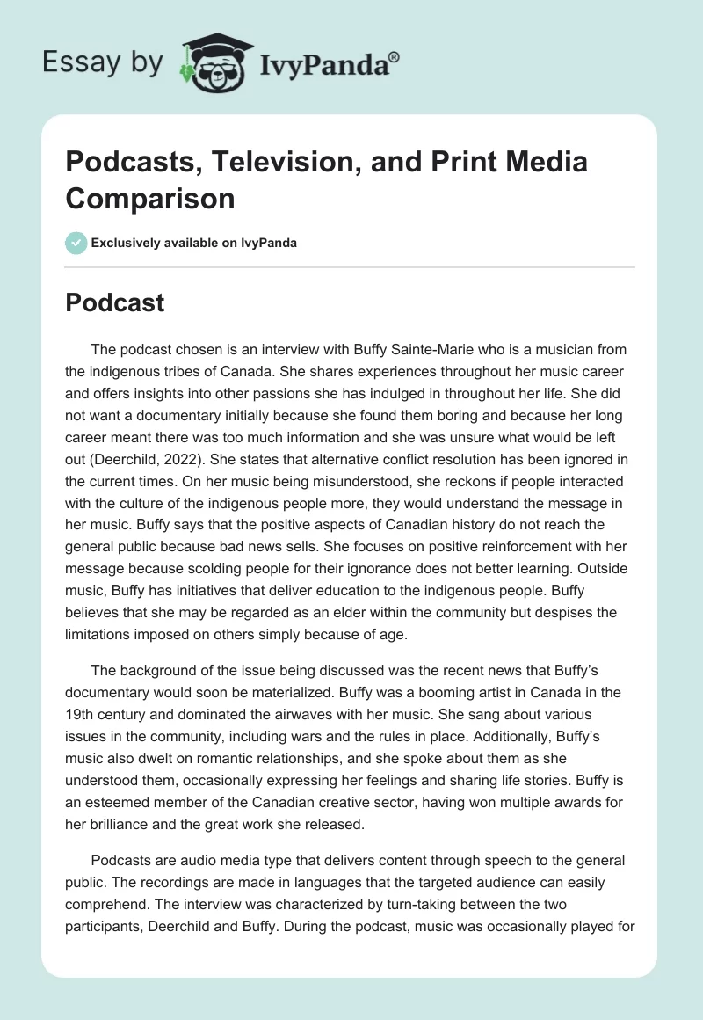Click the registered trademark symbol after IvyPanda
(395, 55)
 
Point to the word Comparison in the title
(150, 198)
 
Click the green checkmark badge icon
(76, 243)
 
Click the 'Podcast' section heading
(115, 303)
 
